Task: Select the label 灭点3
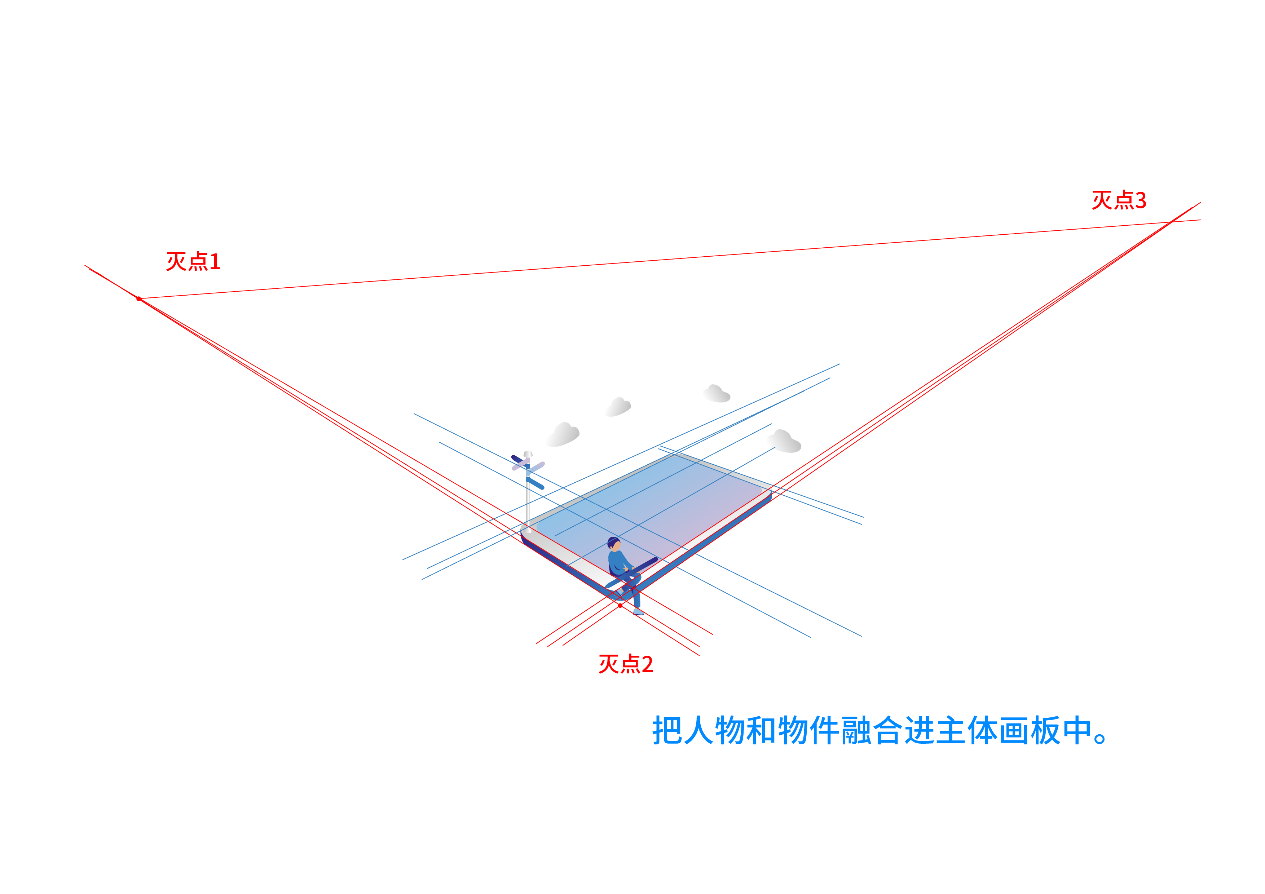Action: [1119, 200]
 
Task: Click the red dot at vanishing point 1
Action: [139, 298]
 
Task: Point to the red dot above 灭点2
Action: [620, 605]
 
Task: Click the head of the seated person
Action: [614, 544]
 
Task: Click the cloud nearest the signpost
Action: [563, 435]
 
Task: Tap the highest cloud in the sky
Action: [716, 394]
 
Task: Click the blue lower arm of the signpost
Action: [535, 484]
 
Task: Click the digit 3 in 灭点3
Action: [1141, 200]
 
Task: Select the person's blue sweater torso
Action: [617, 562]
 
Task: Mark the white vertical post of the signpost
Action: [528, 507]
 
